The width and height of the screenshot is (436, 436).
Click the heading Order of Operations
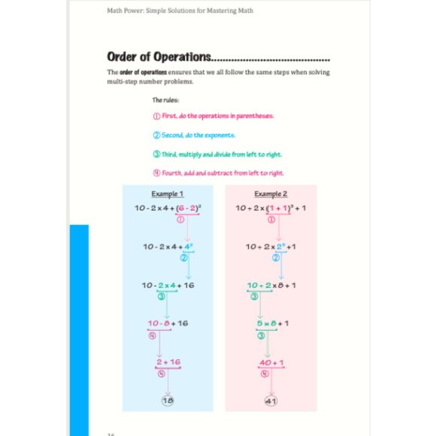click(159, 57)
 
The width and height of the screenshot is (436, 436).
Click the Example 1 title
click(167, 194)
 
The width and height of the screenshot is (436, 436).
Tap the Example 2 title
click(269, 194)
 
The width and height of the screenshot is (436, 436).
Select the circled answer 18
click(167, 401)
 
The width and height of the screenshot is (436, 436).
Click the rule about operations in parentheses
click(213, 116)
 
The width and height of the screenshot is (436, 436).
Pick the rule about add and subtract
click(218, 174)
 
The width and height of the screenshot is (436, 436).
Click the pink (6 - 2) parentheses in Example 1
click(187, 208)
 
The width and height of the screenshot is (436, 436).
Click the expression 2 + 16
click(168, 362)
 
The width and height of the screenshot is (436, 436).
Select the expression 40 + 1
click(271, 362)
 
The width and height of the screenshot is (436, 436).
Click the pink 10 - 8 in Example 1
click(159, 323)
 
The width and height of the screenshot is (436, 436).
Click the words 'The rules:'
click(165, 99)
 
